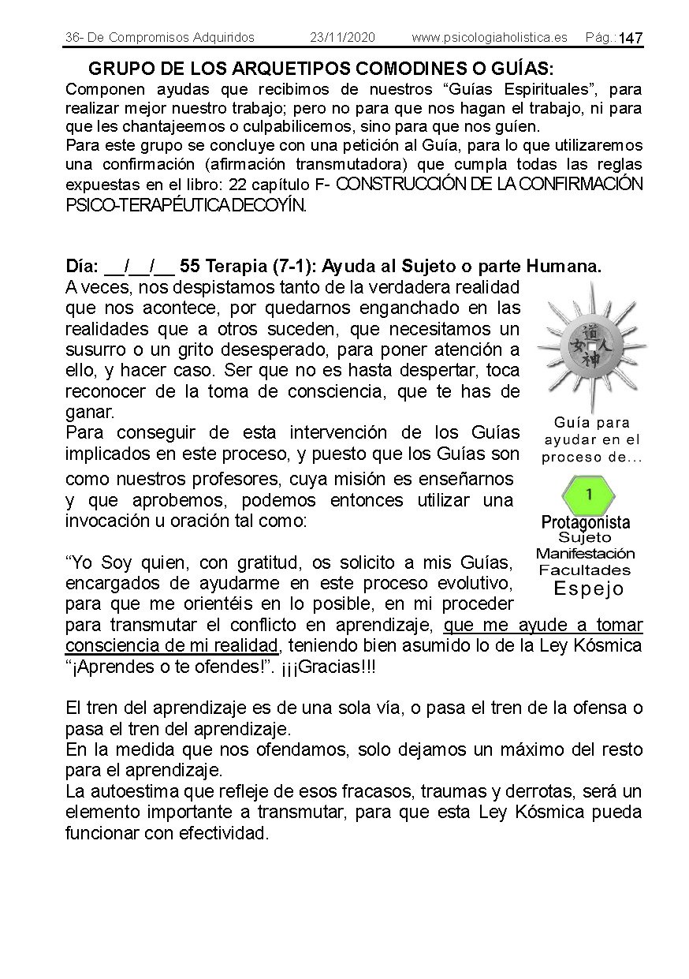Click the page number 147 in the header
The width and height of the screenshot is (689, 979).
631,39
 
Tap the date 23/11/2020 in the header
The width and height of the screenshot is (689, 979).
342,37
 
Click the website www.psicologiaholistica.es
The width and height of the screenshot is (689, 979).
489,37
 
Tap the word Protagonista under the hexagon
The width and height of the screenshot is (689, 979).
586,522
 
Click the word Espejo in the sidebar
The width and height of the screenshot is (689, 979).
588,589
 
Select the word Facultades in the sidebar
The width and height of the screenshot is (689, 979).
585,570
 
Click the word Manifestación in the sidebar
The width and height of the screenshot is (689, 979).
585,553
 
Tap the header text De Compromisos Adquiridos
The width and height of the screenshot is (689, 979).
170,37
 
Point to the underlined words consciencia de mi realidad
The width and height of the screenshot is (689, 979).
172,646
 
